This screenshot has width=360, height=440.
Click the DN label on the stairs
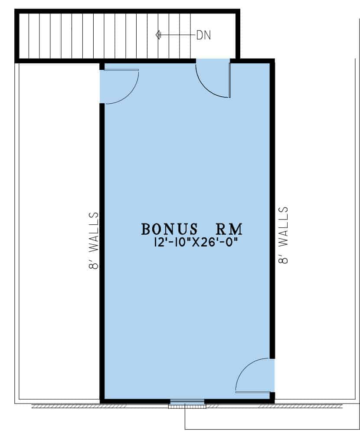(203, 35)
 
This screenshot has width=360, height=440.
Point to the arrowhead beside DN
(158, 35)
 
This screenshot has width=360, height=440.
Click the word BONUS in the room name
(170, 229)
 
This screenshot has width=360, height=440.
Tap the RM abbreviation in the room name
(229, 229)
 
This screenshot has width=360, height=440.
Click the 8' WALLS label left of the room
(94, 240)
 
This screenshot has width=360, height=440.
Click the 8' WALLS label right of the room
(283, 235)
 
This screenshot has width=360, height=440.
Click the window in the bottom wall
(187, 404)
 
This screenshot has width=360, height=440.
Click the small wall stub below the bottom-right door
(272, 397)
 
